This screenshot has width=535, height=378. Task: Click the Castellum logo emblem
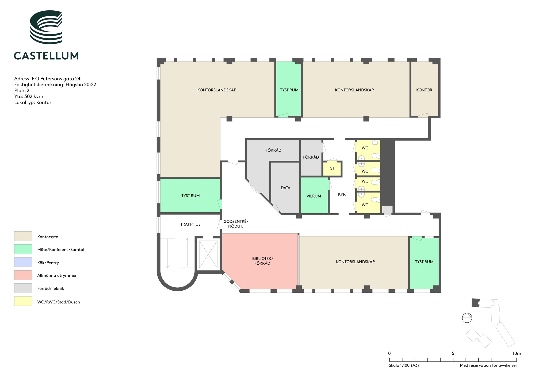(x=46, y=27)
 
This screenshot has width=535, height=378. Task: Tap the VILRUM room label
(x=314, y=196)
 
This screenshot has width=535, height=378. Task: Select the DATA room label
(x=285, y=188)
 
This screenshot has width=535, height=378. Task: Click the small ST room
(x=332, y=169)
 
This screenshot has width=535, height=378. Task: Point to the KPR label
(x=342, y=194)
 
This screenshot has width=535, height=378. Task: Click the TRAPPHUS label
(x=190, y=224)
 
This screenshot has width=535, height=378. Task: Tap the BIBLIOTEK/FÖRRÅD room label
(x=262, y=261)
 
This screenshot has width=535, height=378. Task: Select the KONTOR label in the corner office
(x=424, y=90)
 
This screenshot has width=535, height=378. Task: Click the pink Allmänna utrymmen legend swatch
(x=23, y=275)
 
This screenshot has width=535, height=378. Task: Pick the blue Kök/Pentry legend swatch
(x=23, y=262)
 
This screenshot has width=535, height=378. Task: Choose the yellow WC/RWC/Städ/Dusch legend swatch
(x=23, y=301)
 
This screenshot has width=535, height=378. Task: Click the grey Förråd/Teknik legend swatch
(x=23, y=288)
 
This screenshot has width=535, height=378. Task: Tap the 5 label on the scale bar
(x=453, y=353)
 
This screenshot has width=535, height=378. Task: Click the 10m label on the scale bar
(x=517, y=353)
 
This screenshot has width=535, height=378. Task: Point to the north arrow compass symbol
(x=467, y=318)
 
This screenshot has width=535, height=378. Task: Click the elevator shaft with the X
(x=208, y=254)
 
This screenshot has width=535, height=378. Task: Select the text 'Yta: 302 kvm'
(x=29, y=97)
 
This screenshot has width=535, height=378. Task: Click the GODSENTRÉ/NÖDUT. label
(x=236, y=224)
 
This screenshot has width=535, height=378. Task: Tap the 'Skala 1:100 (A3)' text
(x=404, y=365)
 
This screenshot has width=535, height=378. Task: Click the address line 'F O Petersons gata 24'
(x=56, y=79)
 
